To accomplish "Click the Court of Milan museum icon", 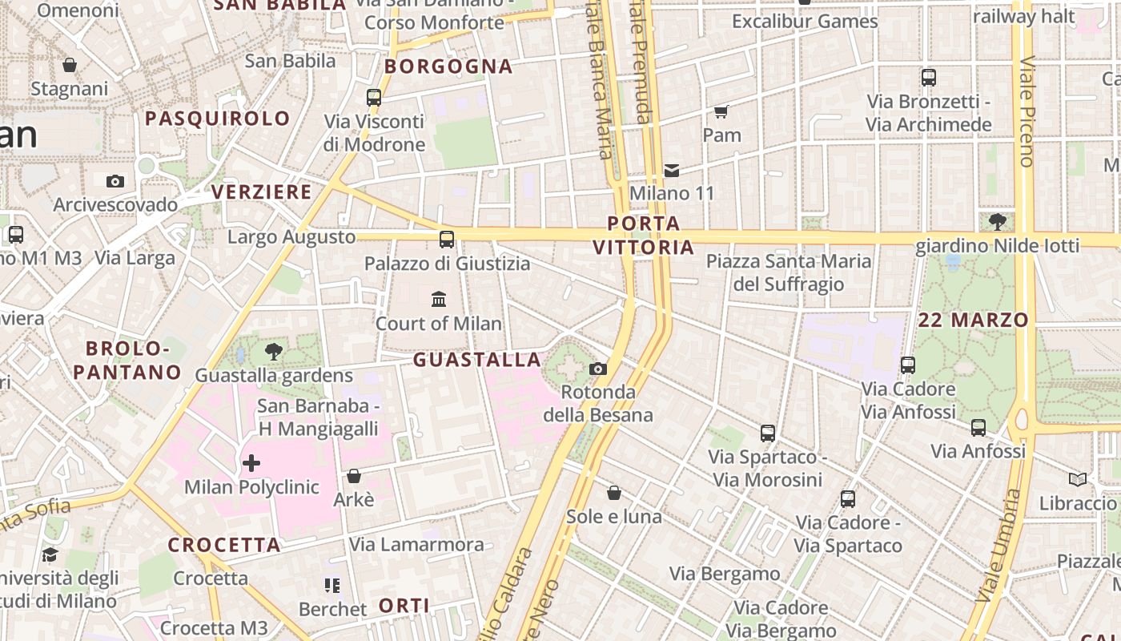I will point(439,300).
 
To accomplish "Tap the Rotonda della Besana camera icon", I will point(597,369).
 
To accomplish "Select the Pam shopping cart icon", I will point(721,111).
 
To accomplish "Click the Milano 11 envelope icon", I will point(672,170).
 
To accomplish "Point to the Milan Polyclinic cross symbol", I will point(251,463).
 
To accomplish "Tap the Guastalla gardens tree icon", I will point(274,351).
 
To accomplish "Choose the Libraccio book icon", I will point(1078,479).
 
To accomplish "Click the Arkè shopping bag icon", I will point(353,476).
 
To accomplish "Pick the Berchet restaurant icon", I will point(332,586).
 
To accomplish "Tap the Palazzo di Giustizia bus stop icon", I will point(447,239).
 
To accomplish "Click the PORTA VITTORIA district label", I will point(644,235).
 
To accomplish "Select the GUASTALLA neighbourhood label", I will point(477,360).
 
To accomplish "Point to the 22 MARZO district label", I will point(973,320).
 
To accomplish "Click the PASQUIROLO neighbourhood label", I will point(218,119).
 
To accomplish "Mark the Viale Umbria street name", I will point(993,545).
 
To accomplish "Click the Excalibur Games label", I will point(805,22).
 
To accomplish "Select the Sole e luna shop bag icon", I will point(614,493).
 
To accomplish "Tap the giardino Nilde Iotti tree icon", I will point(998,221).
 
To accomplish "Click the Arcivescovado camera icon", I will point(115,181).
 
